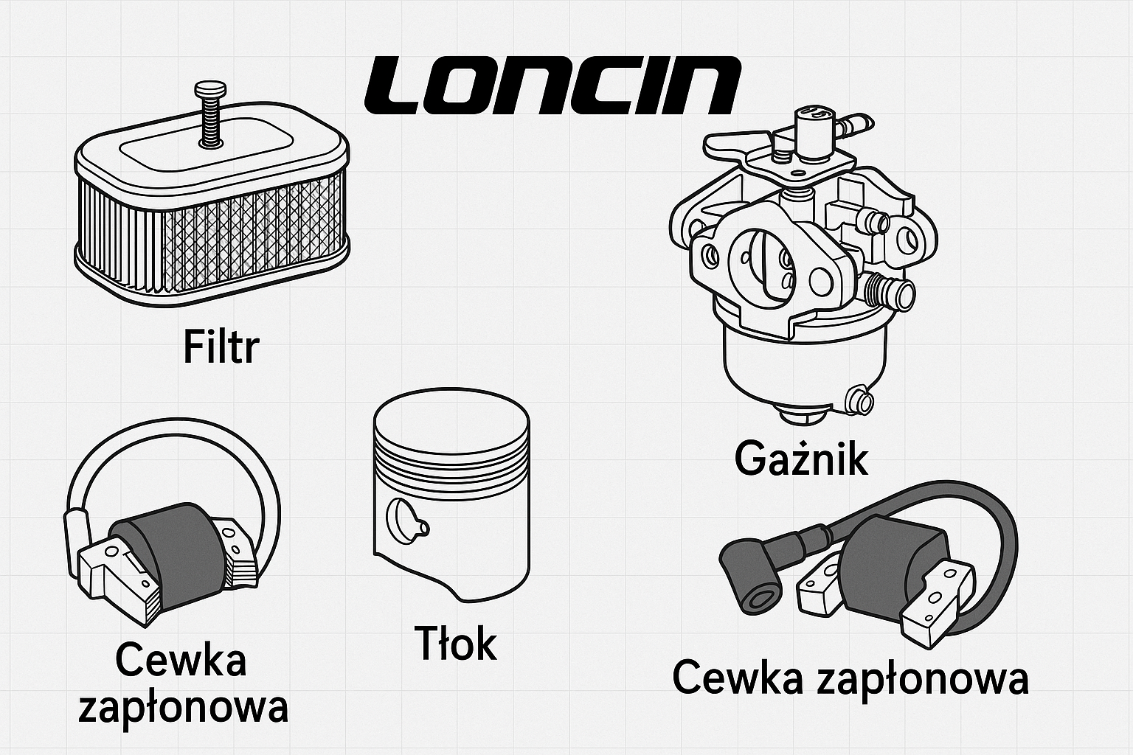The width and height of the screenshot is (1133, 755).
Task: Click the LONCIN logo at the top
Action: click(x=552, y=86)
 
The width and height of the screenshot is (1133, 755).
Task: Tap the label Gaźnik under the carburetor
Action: click(x=801, y=459)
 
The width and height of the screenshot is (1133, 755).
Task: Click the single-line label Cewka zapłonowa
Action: click(x=850, y=678)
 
